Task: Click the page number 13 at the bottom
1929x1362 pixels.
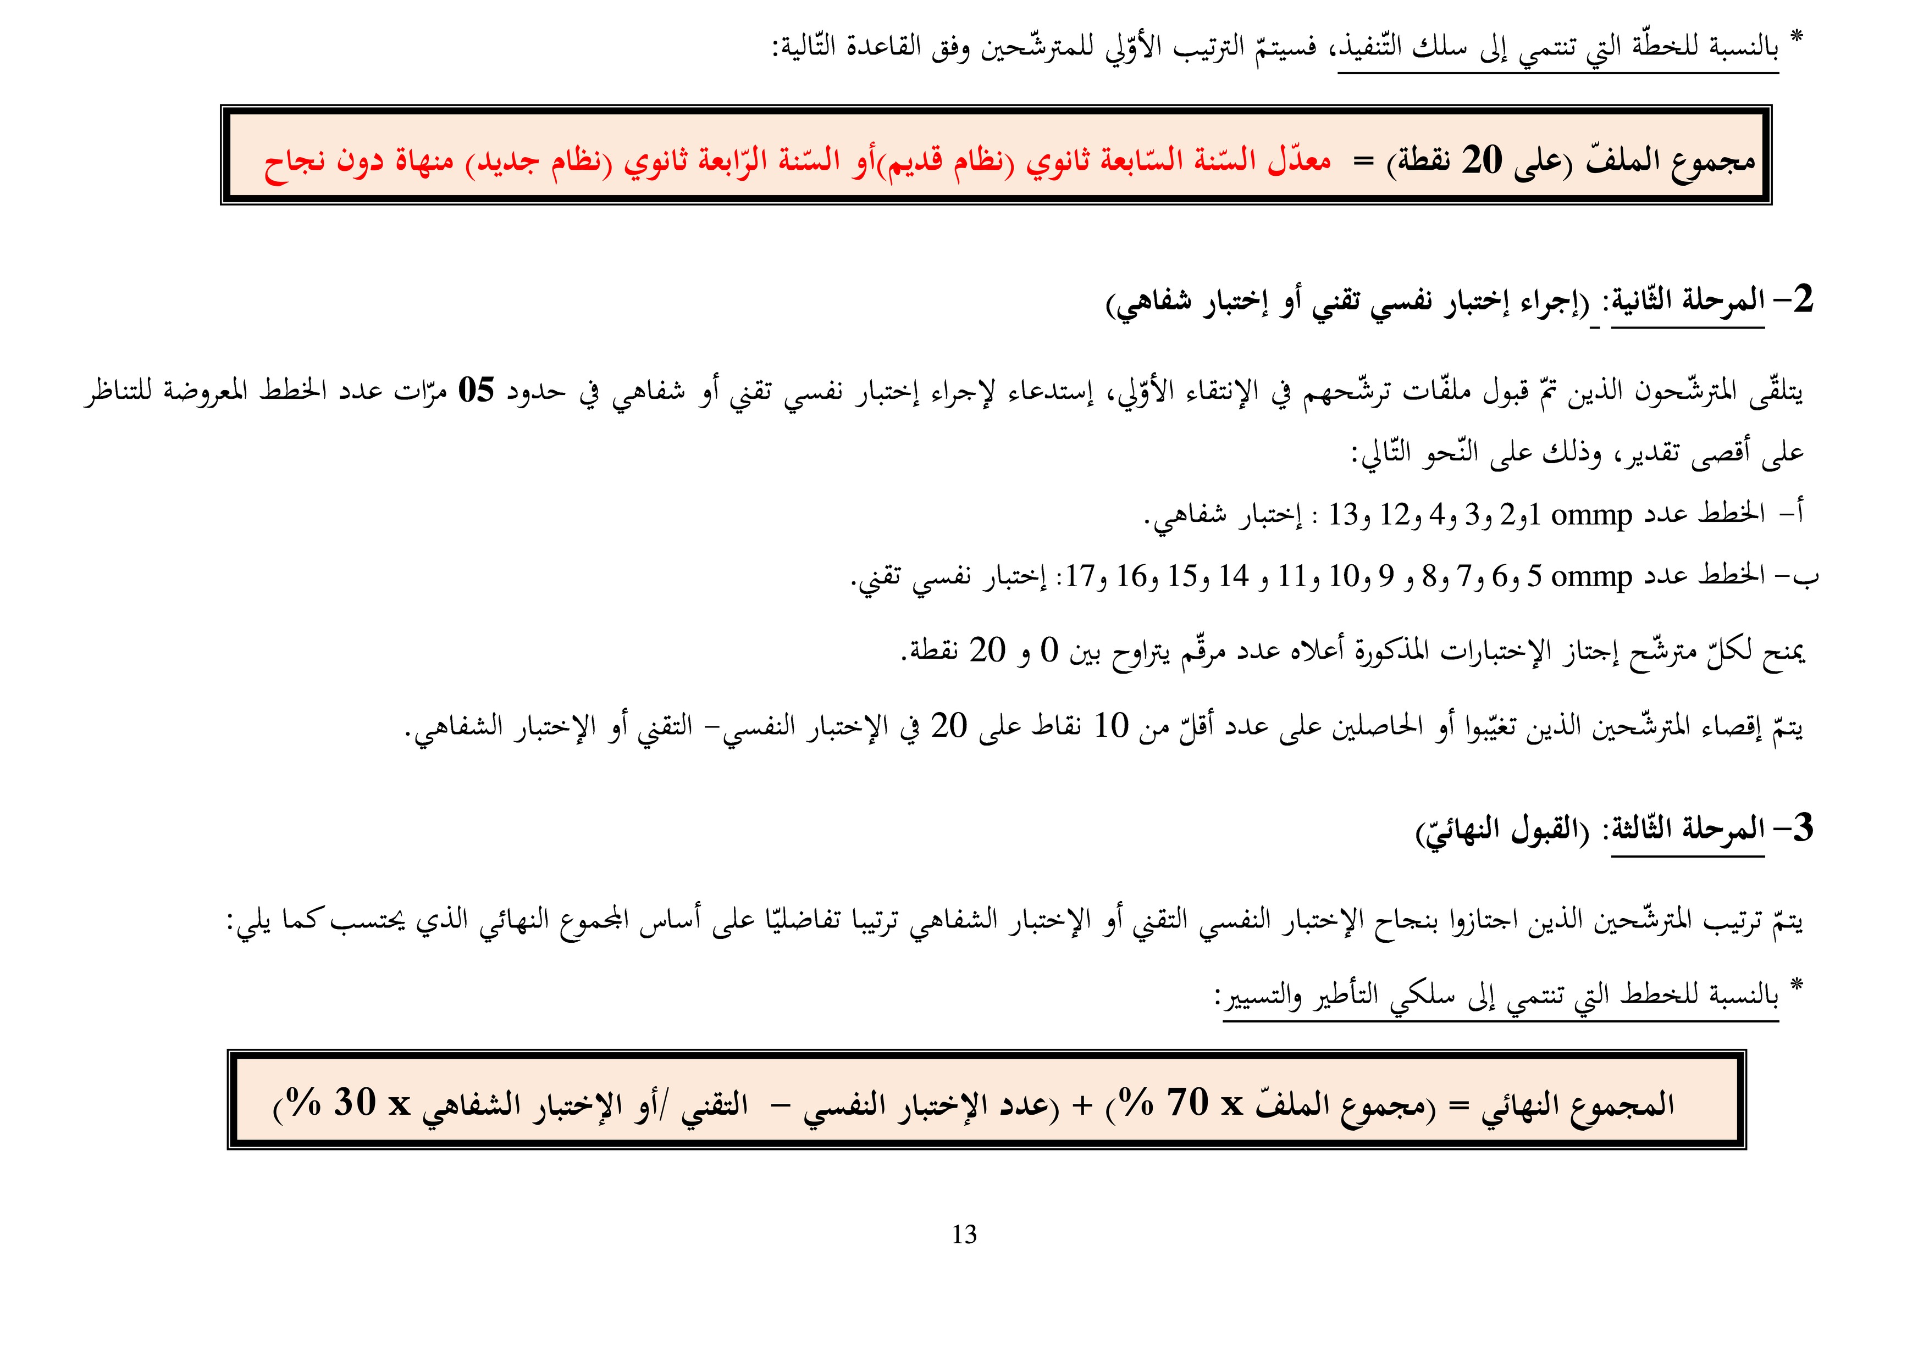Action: pos(964,1235)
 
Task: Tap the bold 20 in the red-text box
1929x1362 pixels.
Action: pos(1481,159)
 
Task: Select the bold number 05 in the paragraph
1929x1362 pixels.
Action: pos(476,391)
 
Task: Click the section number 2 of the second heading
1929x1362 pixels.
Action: pos(1802,300)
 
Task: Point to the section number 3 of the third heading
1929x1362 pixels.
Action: pos(1802,829)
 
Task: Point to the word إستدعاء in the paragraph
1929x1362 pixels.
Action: pos(1050,391)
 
